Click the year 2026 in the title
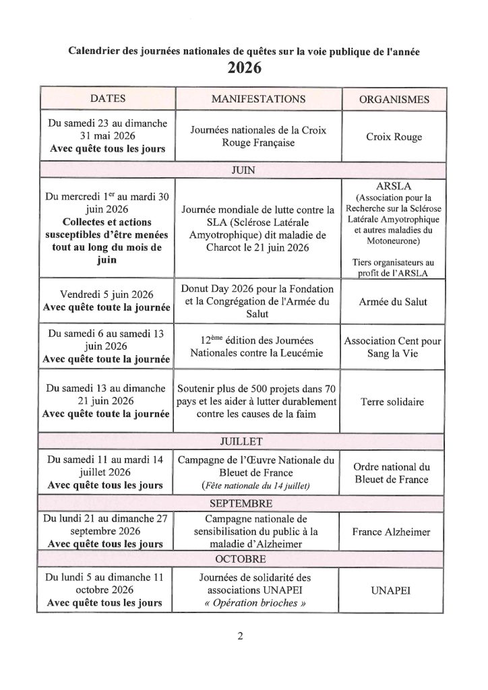(244, 68)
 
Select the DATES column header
(108, 99)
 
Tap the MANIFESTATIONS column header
(258, 99)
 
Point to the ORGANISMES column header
(394, 100)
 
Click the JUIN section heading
(243, 170)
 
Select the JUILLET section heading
(243, 441)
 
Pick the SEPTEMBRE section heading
(243, 503)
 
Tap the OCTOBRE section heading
(243, 559)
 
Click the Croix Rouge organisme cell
(394, 137)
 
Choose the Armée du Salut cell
(394, 303)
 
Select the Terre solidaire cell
(394, 402)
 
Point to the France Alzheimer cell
(394, 532)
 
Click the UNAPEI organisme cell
(394, 590)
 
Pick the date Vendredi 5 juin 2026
(107, 295)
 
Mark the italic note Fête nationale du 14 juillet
(259, 486)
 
